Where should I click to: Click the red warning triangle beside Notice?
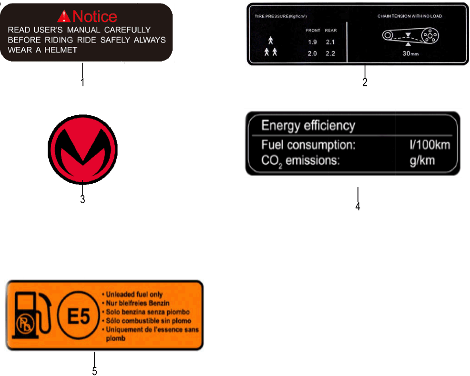63,17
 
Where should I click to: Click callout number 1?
82,82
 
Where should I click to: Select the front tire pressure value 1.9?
312,42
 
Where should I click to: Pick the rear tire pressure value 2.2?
330,53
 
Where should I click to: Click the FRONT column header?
313,31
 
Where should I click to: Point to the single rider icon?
271,41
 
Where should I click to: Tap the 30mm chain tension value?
410,53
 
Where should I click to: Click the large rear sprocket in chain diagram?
430,36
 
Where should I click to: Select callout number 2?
365,82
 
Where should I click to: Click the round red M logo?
83,149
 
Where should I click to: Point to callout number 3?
82,199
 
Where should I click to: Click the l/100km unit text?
430,145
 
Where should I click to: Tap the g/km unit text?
422,161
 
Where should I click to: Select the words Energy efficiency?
308,125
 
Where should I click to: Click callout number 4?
358,207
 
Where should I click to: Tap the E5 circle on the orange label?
78,315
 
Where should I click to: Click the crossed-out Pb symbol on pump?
25,324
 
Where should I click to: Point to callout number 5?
94,372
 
